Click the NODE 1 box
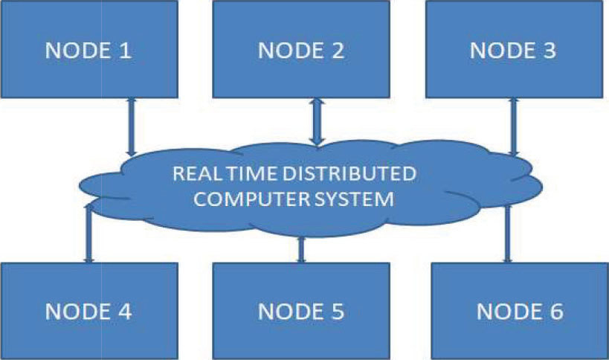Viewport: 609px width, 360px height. (89, 49)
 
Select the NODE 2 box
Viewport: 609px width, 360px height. (301, 49)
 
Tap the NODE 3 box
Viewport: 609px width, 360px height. (515, 49)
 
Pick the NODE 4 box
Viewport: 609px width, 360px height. (89, 311)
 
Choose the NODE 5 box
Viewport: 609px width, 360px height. (301, 311)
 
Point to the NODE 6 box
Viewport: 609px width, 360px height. (520, 311)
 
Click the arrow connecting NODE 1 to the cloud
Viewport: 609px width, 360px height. (132, 126)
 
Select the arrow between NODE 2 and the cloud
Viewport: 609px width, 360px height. (318, 122)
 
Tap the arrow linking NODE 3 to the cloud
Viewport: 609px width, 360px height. (514, 127)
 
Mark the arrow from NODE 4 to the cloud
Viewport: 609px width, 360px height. (89, 233)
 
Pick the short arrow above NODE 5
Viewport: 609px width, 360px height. (301, 250)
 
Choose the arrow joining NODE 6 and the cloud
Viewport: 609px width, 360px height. (507, 234)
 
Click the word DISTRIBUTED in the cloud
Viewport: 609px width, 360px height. (349, 173)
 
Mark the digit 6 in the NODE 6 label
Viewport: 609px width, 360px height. (555, 312)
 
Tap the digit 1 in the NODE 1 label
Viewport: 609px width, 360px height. (125, 51)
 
